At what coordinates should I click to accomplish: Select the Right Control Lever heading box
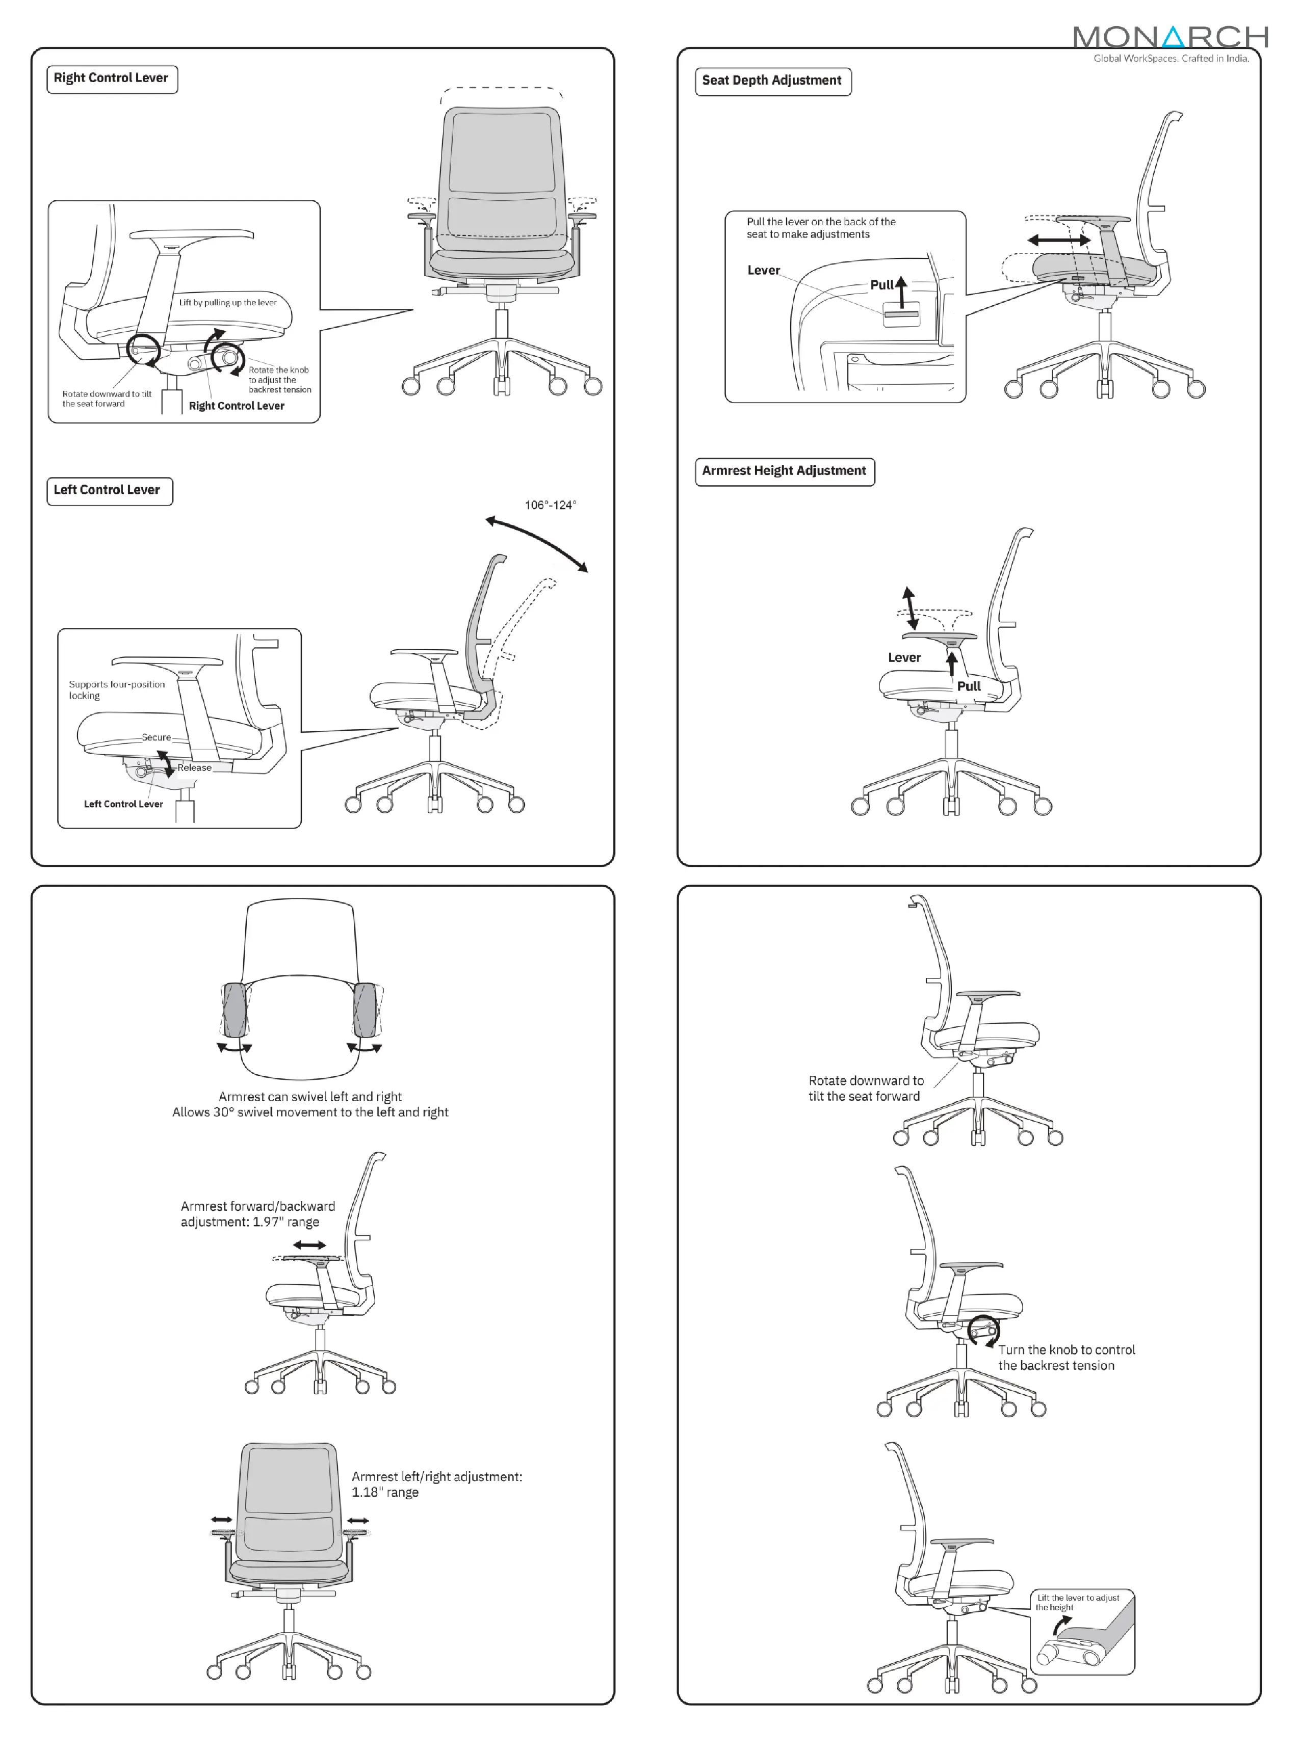[112, 78]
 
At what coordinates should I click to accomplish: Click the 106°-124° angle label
[550, 505]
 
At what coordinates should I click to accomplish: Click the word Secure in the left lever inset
[156, 737]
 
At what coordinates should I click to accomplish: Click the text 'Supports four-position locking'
[116, 690]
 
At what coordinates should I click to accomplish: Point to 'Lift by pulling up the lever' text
[227, 302]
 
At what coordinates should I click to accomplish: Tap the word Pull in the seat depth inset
[881, 285]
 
